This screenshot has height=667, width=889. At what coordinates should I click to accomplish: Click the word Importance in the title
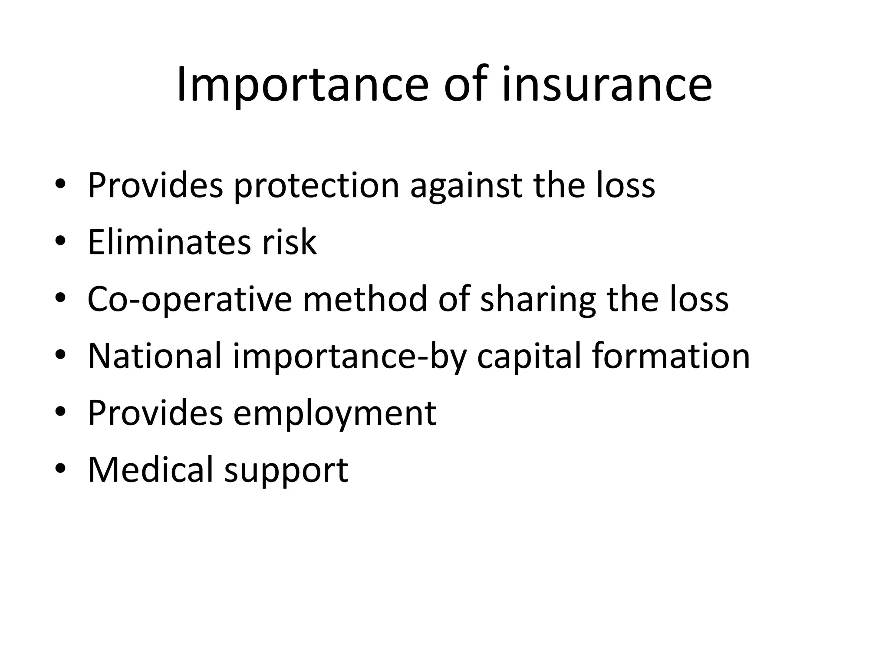[302, 85]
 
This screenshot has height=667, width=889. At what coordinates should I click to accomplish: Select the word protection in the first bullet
[316, 186]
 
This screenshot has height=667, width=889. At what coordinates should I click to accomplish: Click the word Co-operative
[190, 300]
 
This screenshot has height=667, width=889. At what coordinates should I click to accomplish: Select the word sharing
[538, 300]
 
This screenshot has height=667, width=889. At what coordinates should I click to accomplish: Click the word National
[155, 356]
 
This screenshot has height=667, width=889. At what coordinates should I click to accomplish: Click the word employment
[335, 413]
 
